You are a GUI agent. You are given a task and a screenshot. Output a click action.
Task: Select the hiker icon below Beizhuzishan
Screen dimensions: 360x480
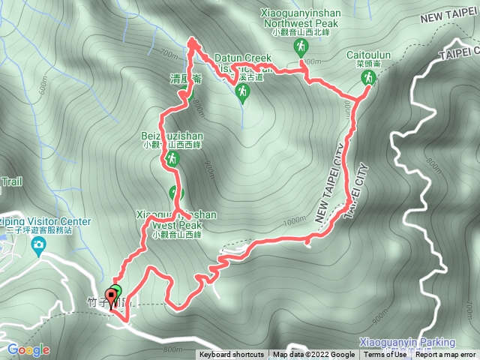click(172, 159)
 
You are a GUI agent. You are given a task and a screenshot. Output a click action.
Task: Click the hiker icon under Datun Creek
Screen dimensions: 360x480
click(242, 92)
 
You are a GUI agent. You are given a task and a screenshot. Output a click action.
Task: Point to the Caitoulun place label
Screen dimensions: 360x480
click(367, 55)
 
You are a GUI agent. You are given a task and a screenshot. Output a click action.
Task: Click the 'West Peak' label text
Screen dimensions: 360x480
click(177, 224)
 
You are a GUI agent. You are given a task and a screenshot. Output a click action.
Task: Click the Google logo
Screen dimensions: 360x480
click(28, 349)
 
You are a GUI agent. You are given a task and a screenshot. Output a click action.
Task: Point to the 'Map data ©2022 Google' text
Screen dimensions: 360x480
click(314, 355)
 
